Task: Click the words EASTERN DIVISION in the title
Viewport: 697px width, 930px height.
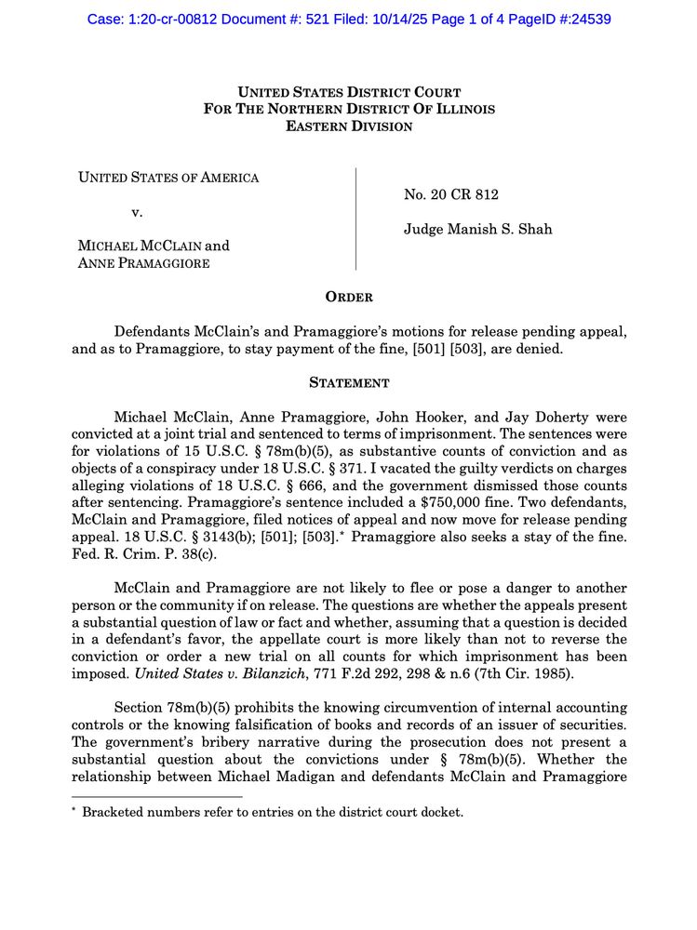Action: [x=349, y=126]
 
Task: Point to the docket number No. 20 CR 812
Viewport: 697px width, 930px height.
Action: [x=451, y=194]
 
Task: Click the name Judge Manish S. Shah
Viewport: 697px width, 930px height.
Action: [x=477, y=229]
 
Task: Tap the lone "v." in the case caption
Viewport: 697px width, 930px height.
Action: [x=137, y=212]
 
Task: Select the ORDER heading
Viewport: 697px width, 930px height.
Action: [x=349, y=298]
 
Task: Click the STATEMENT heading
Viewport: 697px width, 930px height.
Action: [x=349, y=382]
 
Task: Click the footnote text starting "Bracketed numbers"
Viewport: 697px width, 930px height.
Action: [x=273, y=812]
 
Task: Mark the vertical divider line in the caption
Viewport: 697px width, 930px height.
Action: [x=356, y=219]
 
